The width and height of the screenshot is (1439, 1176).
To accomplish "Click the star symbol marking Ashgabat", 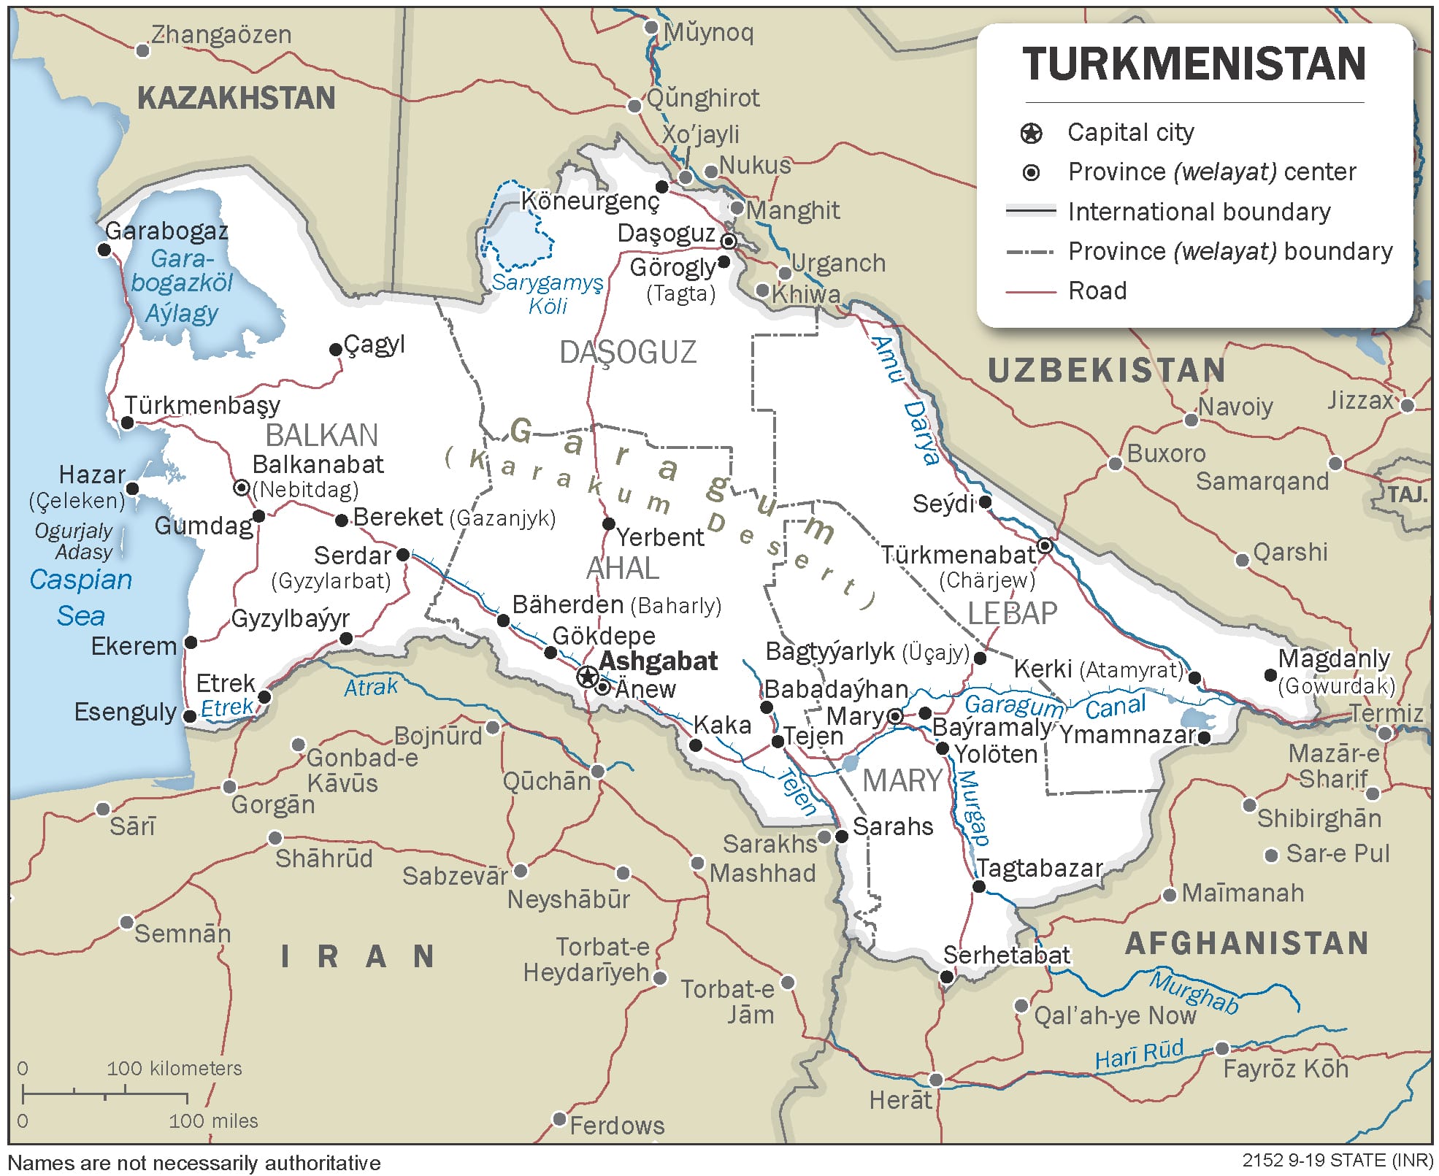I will pyautogui.click(x=588, y=677).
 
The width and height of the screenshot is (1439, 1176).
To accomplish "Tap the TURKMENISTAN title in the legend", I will pyautogui.click(x=1194, y=64).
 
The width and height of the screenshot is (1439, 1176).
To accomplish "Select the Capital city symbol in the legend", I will pyautogui.click(x=1031, y=133).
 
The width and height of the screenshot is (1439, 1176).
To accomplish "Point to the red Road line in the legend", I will pyautogui.click(x=1031, y=291).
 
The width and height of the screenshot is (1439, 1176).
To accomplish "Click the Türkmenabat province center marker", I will pyautogui.click(x=1045, y=546).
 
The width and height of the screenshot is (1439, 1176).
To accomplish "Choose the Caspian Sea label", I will pyautogui.click(x=80, y=597).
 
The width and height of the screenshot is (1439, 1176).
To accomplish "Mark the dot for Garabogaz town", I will pyautogui.click(x=104, y=250).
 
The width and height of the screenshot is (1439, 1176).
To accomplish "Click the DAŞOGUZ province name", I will pyautogui.click(x=628, y=353).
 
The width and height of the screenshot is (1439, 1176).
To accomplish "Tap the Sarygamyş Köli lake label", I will pyautogui.click(x=548, y=293).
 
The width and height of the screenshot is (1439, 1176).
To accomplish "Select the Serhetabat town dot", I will pyautogui.click(x=947, y=976).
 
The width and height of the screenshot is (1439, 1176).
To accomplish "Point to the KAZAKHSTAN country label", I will pyautogui.click(x=236, y=99).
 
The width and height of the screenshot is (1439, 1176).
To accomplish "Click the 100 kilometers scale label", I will pyautogui.click(x=174, y=1069).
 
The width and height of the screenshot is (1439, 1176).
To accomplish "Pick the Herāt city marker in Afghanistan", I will pyautogui.click(x=936, y=1079).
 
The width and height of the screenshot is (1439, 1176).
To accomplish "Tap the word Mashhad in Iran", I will pyautogui.click(x=762, y=873).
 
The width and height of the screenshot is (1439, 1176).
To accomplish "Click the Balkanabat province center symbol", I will pyautogui.click(x=242, y=487).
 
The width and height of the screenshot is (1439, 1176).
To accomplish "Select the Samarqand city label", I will pyautogui.click(x=1262, y=482).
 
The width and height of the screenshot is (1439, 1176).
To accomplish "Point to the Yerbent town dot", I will pyautogui.click(x=608, y=523).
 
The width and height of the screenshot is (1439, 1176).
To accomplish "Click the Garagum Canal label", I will pyautogui.click(x=1054, y=705).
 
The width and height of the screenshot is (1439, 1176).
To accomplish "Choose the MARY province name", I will pyautogui.click(x=902, y=781).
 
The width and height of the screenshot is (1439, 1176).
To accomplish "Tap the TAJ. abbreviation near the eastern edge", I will pyautogui.click(x=1406, y=495).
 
